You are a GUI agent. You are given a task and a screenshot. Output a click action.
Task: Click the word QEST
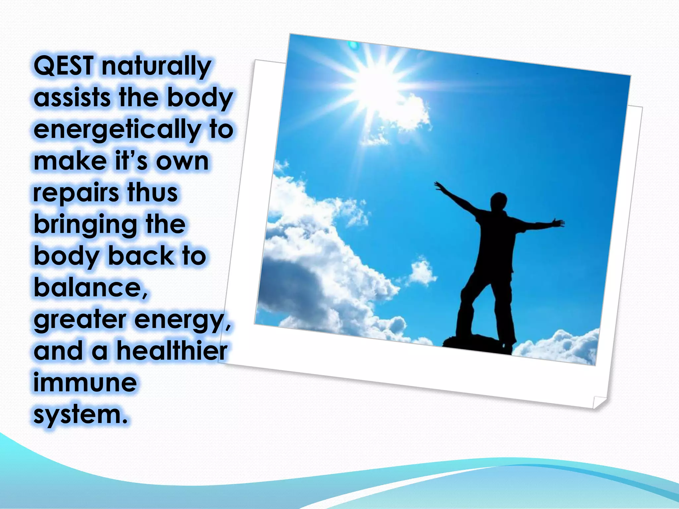[x=64, y=66]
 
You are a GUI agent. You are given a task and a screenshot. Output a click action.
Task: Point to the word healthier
[x=172, y=351]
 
